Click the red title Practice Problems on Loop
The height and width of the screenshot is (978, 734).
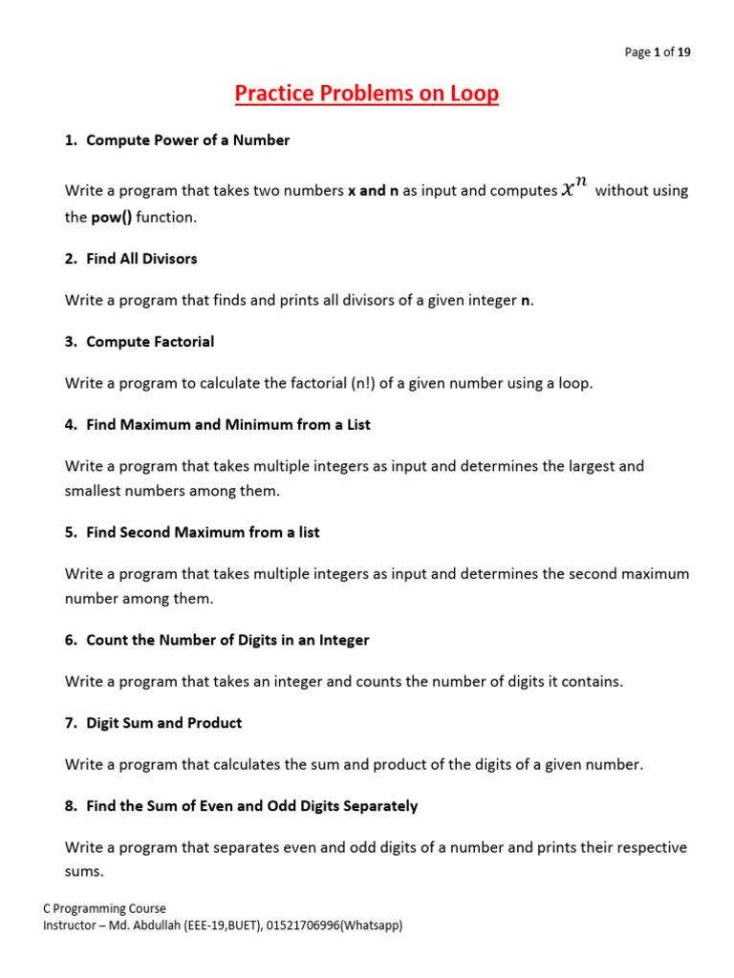pyautogui.click(x=367, y=94)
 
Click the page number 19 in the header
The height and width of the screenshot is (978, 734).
pyautogui.click(x=683, y=53)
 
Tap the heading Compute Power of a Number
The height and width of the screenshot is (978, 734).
pyautogui.click(x=187, y=140)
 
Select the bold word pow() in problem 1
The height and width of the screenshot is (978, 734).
pyautogui.click(x=112, y=218)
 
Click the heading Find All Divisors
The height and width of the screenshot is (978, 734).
pyautogui.click(x=141, y=259)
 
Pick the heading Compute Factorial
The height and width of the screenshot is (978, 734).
pyautogui.click(x=150, y=342)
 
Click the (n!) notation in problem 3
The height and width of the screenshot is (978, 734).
pyautogui.click(x=359, y=383)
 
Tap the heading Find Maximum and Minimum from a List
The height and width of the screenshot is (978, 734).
pyautogui.click(x=227, y=424)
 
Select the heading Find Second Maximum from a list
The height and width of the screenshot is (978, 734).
pyautogui.click(x=203, y=532)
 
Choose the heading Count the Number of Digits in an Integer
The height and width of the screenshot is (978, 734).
pyautogui.click(x=227, y=640)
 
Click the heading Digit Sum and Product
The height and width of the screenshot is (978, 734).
pyautogui.click(x=163, y=723)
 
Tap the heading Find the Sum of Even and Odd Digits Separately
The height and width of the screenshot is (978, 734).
pyautogui.click(x=251, y=806)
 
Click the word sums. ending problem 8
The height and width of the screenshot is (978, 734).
pyautogui.click(x=84, y=872)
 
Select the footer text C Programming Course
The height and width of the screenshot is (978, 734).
pyautogui.click(x=105, y=909)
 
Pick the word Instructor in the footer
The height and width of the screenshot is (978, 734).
pyautogui.click(x=72, y=925)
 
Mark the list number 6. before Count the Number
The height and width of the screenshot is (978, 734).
pyautogui.click(x=71, y=640)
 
